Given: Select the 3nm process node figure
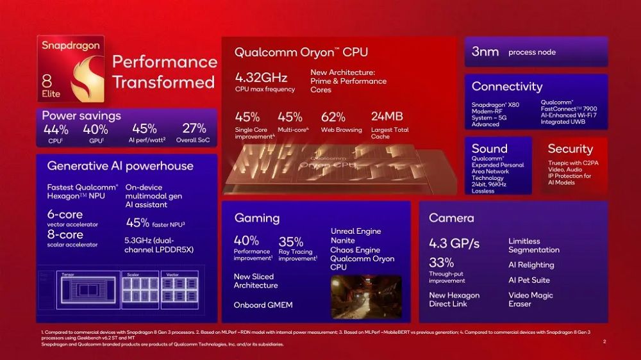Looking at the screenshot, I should coord(485,52).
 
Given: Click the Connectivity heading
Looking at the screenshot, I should coord(506,86).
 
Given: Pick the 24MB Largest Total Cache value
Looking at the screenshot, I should coord(387,117).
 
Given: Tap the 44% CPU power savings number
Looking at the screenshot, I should coord(56,129).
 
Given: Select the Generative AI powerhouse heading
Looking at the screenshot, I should coord(120,166).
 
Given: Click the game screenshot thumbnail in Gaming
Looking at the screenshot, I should coord(366,297).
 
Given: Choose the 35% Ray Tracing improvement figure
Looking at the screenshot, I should coord(291,241).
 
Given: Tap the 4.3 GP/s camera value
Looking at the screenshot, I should coord(454,244).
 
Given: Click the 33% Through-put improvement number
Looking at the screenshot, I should coord(442,263).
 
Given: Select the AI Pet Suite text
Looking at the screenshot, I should coord(529,280).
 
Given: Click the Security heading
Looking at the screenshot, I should coord(570,149).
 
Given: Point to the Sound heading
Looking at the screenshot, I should coord(489,149).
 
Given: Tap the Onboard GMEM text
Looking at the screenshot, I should coord(263,305).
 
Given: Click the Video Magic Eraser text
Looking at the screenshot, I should coord(530,299).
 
